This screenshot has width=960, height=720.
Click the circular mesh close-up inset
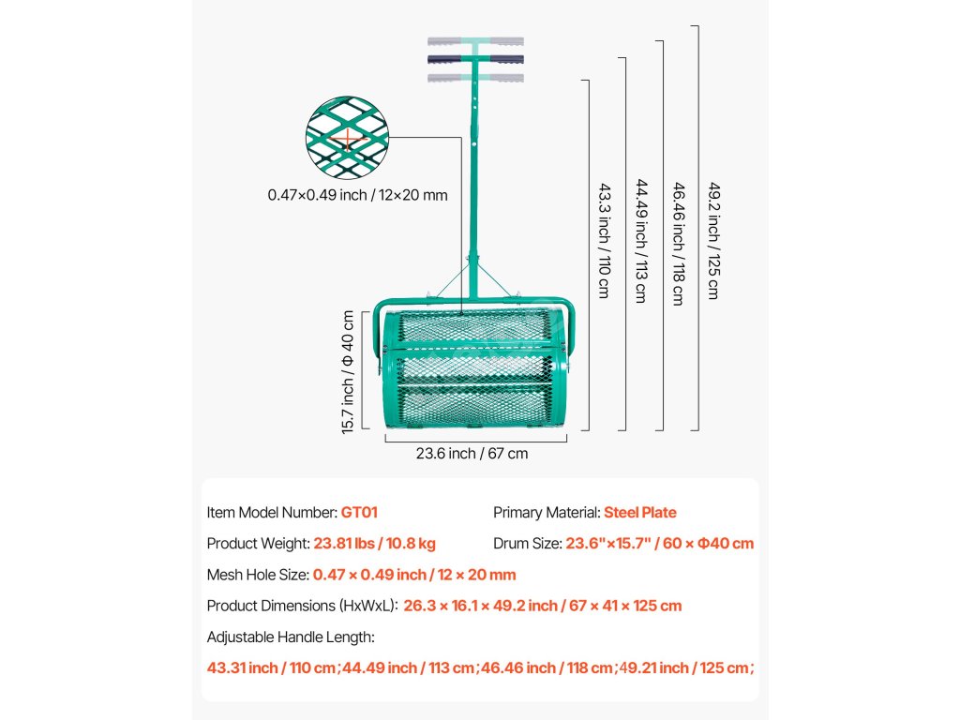click(347, 138)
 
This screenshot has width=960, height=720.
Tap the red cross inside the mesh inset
click(347, 142)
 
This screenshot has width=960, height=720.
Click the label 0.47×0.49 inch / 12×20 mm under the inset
click(357, 195)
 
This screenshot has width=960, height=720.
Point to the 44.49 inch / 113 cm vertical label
click(641, 240)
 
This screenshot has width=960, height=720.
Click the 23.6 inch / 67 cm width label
click(472, 454)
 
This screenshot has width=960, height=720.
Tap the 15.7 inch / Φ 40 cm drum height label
click(349, 371)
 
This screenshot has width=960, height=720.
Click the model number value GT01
click(359, 513)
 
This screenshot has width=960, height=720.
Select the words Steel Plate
click(639, 513)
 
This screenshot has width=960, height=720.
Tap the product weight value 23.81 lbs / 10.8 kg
click(374, 543)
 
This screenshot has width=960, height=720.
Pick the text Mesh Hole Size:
click(258, 574)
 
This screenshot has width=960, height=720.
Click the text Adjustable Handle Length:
click(291, 637)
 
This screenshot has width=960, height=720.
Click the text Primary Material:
click(547, 513)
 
